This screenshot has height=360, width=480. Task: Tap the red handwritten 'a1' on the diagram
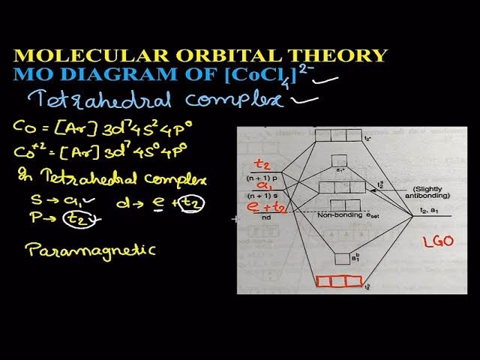pos(262,186)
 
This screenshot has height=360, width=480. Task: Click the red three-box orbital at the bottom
pos(333,282)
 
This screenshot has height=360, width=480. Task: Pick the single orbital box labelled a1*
pos(338,160)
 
